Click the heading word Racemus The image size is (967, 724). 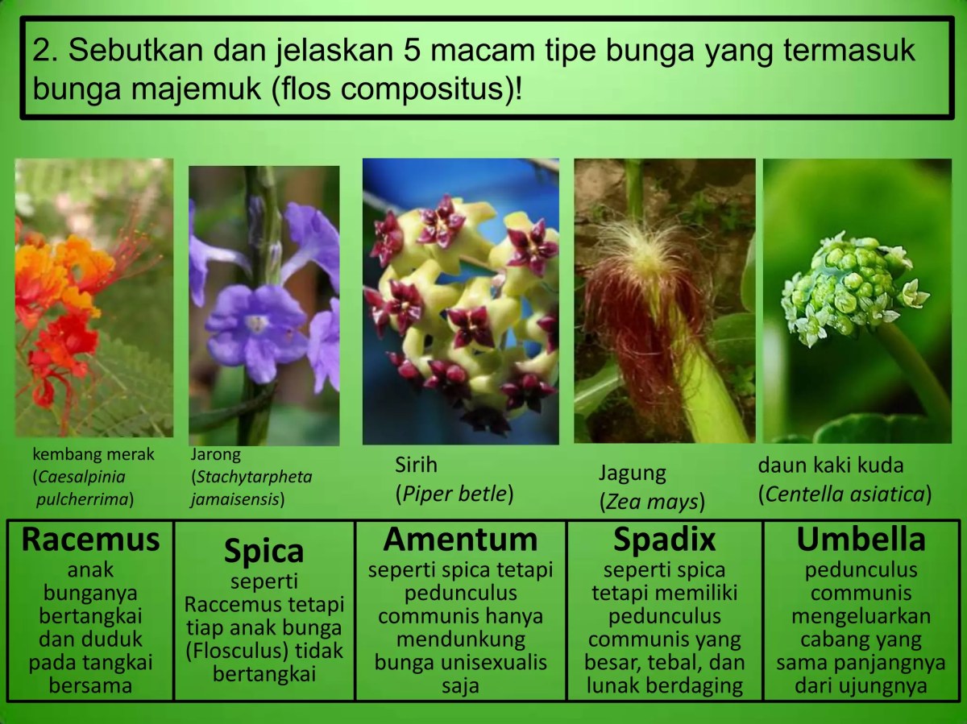click(91, 540)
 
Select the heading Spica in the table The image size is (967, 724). click(264, 552)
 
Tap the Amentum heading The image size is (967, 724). click(460, 540)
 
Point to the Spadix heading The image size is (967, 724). click(664, 540)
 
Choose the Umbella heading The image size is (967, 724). click(861, 540)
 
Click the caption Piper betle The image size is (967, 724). click(454, 493)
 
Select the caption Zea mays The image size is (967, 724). click(651, 502)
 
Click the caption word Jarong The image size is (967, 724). click(216, 455)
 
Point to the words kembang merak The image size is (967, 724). click(93, 455)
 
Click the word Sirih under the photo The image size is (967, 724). click(417, 465)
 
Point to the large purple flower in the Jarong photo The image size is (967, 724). click(255, 330)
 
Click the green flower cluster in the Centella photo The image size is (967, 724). click(846, 290)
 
